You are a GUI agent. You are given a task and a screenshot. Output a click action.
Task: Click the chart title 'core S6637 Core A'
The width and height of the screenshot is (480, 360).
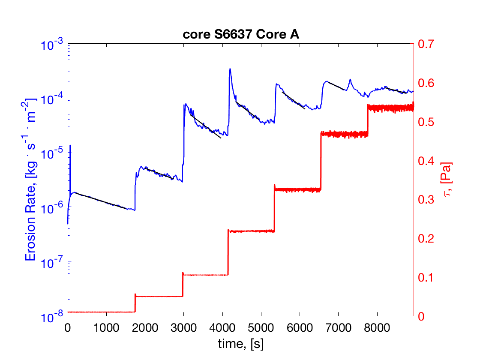click(240, 35)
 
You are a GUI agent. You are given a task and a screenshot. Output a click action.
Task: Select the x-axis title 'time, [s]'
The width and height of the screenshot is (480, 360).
click(240, 343)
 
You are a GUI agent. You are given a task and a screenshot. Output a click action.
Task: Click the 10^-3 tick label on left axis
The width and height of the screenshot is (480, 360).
click(52, 45)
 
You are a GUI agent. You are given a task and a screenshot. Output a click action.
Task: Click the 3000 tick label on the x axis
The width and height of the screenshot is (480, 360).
click(183, 327)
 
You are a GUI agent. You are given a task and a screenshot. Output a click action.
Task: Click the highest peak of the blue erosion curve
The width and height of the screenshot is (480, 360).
click(230, 69)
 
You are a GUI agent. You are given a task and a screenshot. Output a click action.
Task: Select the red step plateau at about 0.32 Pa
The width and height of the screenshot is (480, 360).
click(297, 189)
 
